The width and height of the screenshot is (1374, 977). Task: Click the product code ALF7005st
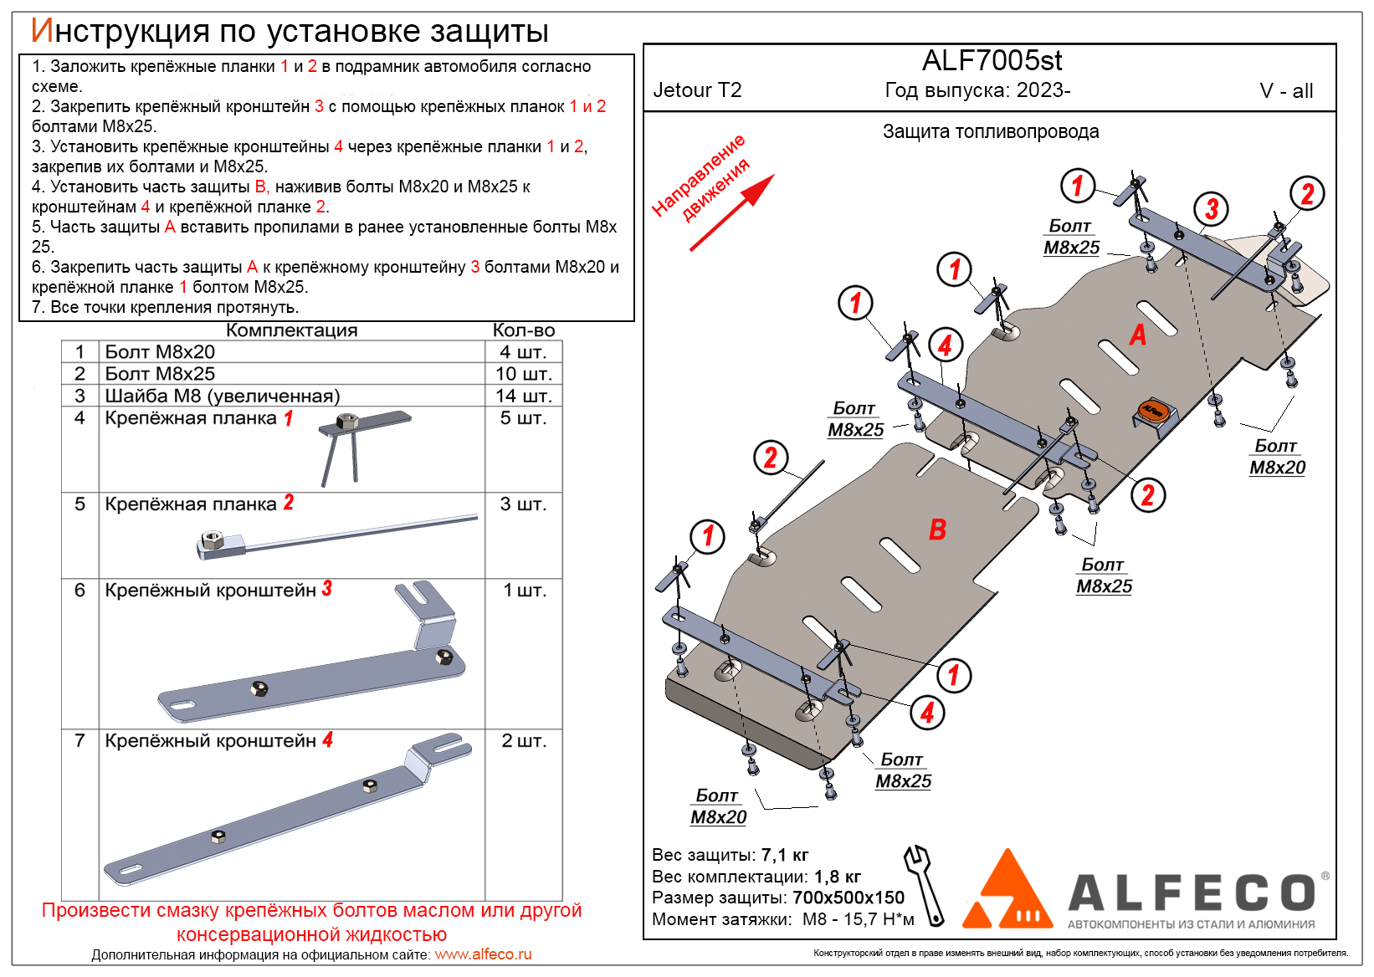coord(992,61)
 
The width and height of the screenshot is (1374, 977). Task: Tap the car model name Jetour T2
coord(697,90)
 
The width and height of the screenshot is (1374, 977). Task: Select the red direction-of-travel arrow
coord(731,213)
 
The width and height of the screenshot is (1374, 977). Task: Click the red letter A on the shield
coord(1137,335)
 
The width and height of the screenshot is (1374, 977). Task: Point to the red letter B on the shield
coord(937,529)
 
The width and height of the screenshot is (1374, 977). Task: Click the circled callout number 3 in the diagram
coord(1211,209)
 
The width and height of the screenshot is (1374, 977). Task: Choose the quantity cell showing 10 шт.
coord(523,374)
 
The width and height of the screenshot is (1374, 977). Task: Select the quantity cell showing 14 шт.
coord(523,396)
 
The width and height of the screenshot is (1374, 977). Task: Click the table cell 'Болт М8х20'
coord(160,352)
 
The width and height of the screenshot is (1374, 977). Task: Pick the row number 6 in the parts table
coord(80,591)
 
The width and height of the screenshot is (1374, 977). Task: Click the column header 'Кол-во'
coord(523,330)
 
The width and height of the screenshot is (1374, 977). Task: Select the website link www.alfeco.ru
coord(483,954)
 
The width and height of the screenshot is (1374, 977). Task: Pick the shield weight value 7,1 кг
coord(785,855)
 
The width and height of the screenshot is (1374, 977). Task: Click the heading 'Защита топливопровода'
coord(991,132)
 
